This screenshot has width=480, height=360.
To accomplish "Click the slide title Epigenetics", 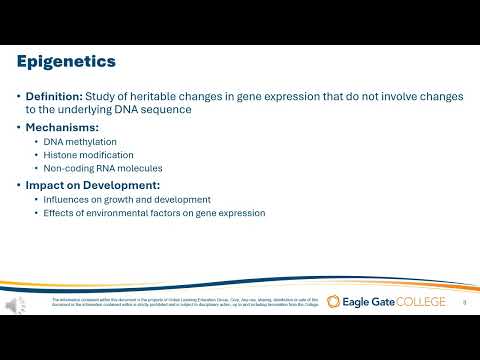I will (66, 62).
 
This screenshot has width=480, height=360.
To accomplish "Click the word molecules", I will (140, 168).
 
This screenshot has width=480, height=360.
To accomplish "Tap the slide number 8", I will (464, 301).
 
